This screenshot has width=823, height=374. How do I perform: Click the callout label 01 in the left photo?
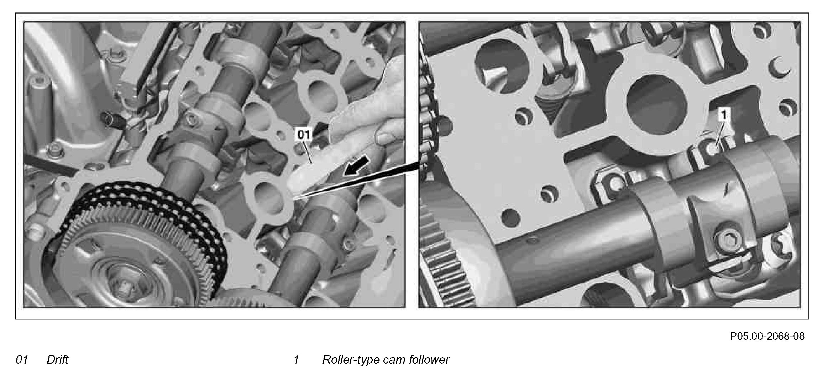[304, 134]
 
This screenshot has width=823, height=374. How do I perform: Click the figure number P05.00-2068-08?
[767, 336]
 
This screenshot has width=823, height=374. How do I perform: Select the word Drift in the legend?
[57, 359]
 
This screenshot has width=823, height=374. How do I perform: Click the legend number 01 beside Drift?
[22, 359]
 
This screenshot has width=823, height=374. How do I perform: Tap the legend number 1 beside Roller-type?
[296, 359]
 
